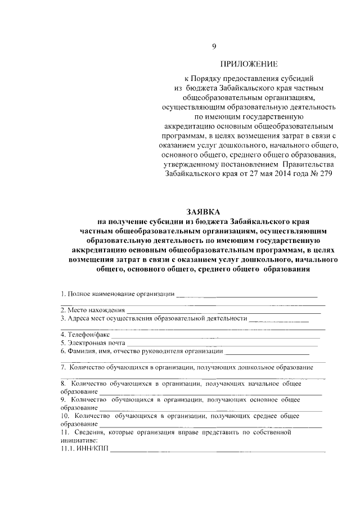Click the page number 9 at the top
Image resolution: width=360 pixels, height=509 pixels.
coord(213,46)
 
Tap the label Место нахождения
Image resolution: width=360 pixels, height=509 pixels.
coord(92,310)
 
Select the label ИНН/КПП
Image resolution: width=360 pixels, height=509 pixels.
coord(87,448)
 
